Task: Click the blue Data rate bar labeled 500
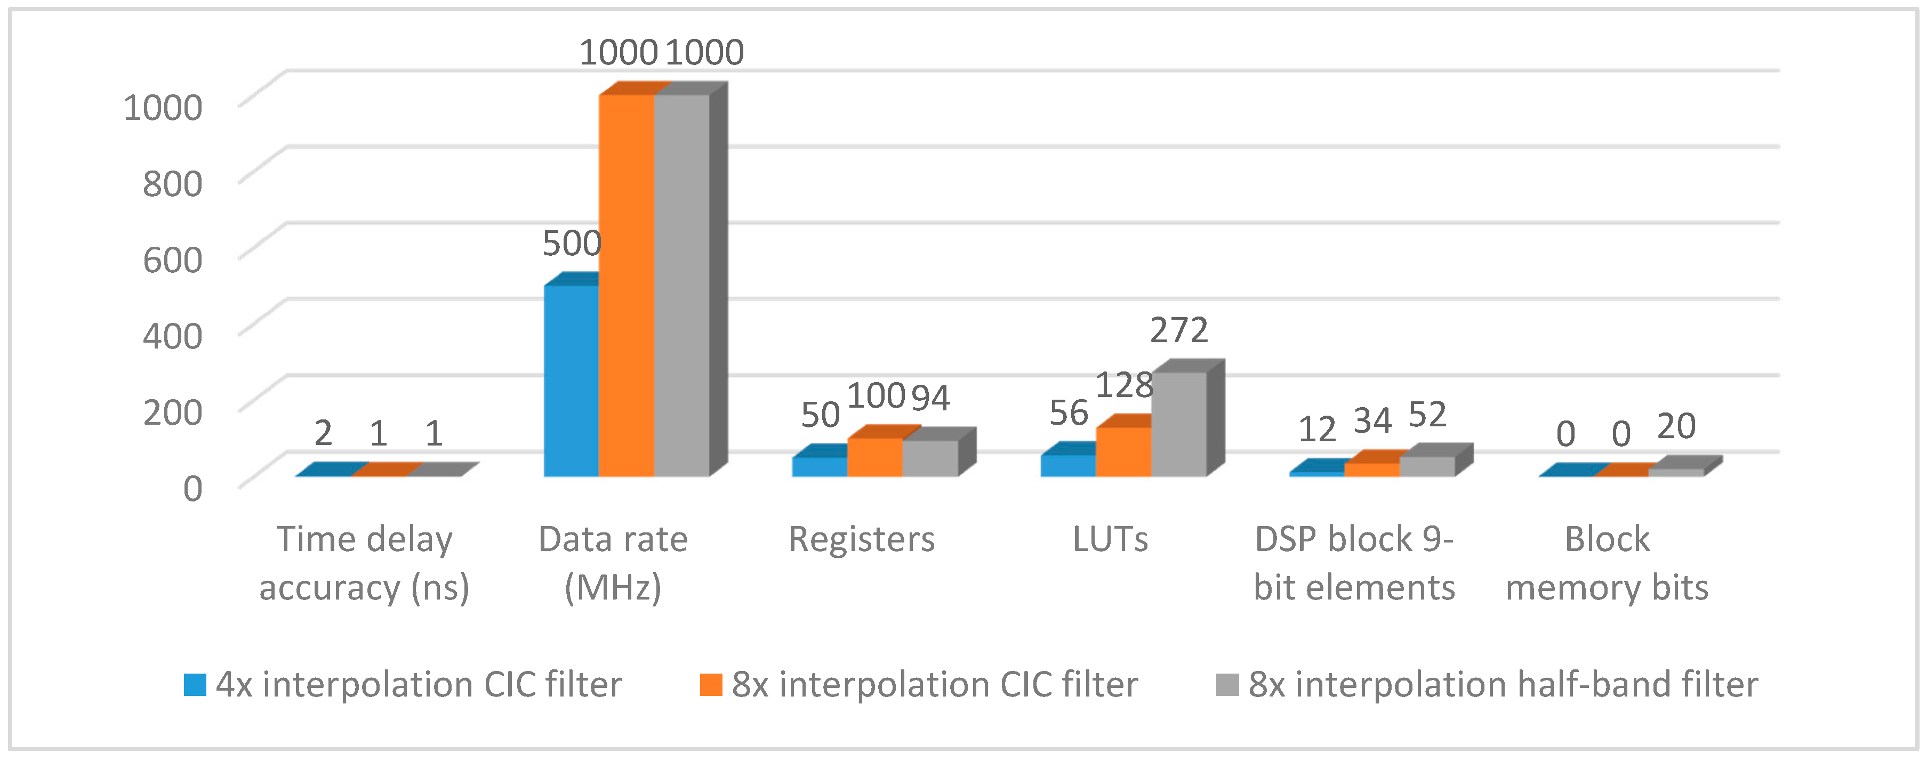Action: coord(571,381)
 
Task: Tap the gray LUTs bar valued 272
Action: coord(1178,425)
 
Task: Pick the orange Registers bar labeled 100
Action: coord(874,457)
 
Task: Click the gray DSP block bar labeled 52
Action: coord(1426,466)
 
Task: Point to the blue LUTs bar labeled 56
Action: coord(1067,465)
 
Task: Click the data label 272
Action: coord(1179,330)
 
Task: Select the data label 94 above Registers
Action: coord(930,398)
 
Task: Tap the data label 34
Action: coord(1372,421)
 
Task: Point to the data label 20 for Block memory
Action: coord(1676,426)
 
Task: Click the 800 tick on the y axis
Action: coord(172,183)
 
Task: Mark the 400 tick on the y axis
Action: coord(172,336)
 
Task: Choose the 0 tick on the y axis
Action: coord(192,488)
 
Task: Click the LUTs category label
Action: coord(1110,539)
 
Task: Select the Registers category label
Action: coord(861,539)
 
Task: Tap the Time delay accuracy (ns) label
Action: coord(364,562)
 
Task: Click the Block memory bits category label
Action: coord(1607,562)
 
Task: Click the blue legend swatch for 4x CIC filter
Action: coord(195,685)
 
